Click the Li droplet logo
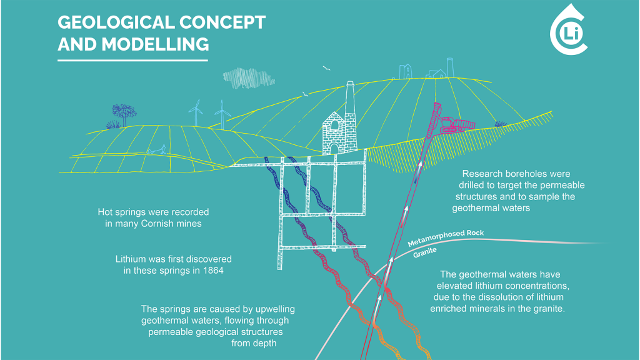569,31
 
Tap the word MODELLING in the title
155,44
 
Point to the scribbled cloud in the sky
248,78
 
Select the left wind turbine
196,112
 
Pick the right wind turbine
222,114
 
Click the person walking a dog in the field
156,150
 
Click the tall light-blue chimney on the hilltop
450,67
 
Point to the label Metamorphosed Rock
446,237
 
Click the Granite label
425,252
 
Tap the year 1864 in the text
213,271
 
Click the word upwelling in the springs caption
275,309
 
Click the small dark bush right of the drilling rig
501,124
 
